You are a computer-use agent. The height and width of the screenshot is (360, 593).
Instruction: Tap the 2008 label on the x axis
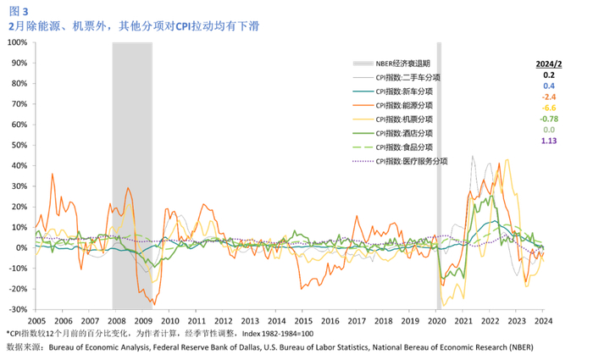tap(117, 322)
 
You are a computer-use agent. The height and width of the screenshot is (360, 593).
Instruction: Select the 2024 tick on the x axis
tap(543, 322)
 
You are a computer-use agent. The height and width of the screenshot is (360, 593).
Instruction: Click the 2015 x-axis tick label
tap(303, 322)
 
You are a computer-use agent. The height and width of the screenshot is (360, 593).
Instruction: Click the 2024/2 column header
tap(548, 64)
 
